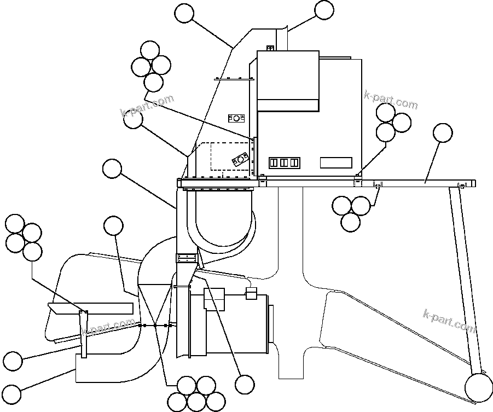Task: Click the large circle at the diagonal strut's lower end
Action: (x=478, y=387)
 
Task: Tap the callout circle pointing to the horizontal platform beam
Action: (x=443, y=132)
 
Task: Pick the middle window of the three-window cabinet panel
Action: (x=283, y=163)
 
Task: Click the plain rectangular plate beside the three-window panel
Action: (x=335, y=163)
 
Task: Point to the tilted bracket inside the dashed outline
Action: (x=240, y=160)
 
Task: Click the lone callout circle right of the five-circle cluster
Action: (x=245, y=384)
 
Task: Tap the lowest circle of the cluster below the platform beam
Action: (x=350, y=222)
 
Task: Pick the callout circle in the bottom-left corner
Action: (x=11, y=393)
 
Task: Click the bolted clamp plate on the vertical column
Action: (x=185, y=258)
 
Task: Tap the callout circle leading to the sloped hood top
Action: (x=184, y=13)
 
